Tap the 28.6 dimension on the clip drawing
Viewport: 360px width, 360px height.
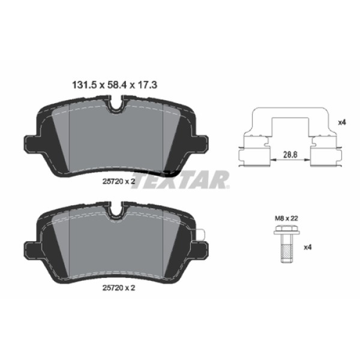click(291, 154)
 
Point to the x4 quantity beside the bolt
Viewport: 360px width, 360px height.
click(307, 247)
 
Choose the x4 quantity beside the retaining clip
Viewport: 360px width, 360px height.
click(342, 122)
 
